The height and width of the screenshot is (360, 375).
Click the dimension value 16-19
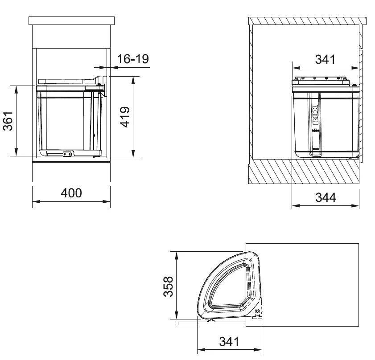(132, 59)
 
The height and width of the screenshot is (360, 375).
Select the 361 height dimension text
(8, 121)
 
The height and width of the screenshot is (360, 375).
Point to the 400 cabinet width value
(71, 193)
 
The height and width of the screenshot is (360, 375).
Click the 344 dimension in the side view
(326, 197)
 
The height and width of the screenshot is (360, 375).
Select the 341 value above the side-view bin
(325, 59)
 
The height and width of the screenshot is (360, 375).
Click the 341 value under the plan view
(229, 342)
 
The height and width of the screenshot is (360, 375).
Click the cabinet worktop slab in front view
(71, 20)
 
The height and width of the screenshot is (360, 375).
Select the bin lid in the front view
(67, 81)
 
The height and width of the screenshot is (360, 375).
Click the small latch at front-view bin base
(67, 154)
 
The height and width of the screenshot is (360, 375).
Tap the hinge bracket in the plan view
(257, 312)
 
